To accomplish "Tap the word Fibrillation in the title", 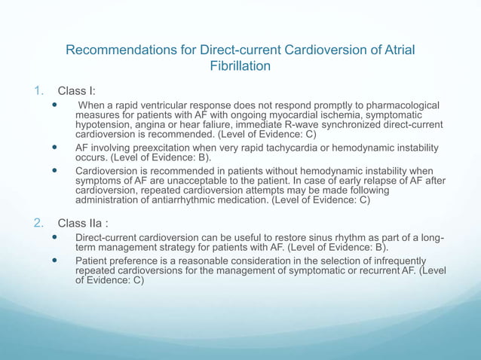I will tap(240, 66).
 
